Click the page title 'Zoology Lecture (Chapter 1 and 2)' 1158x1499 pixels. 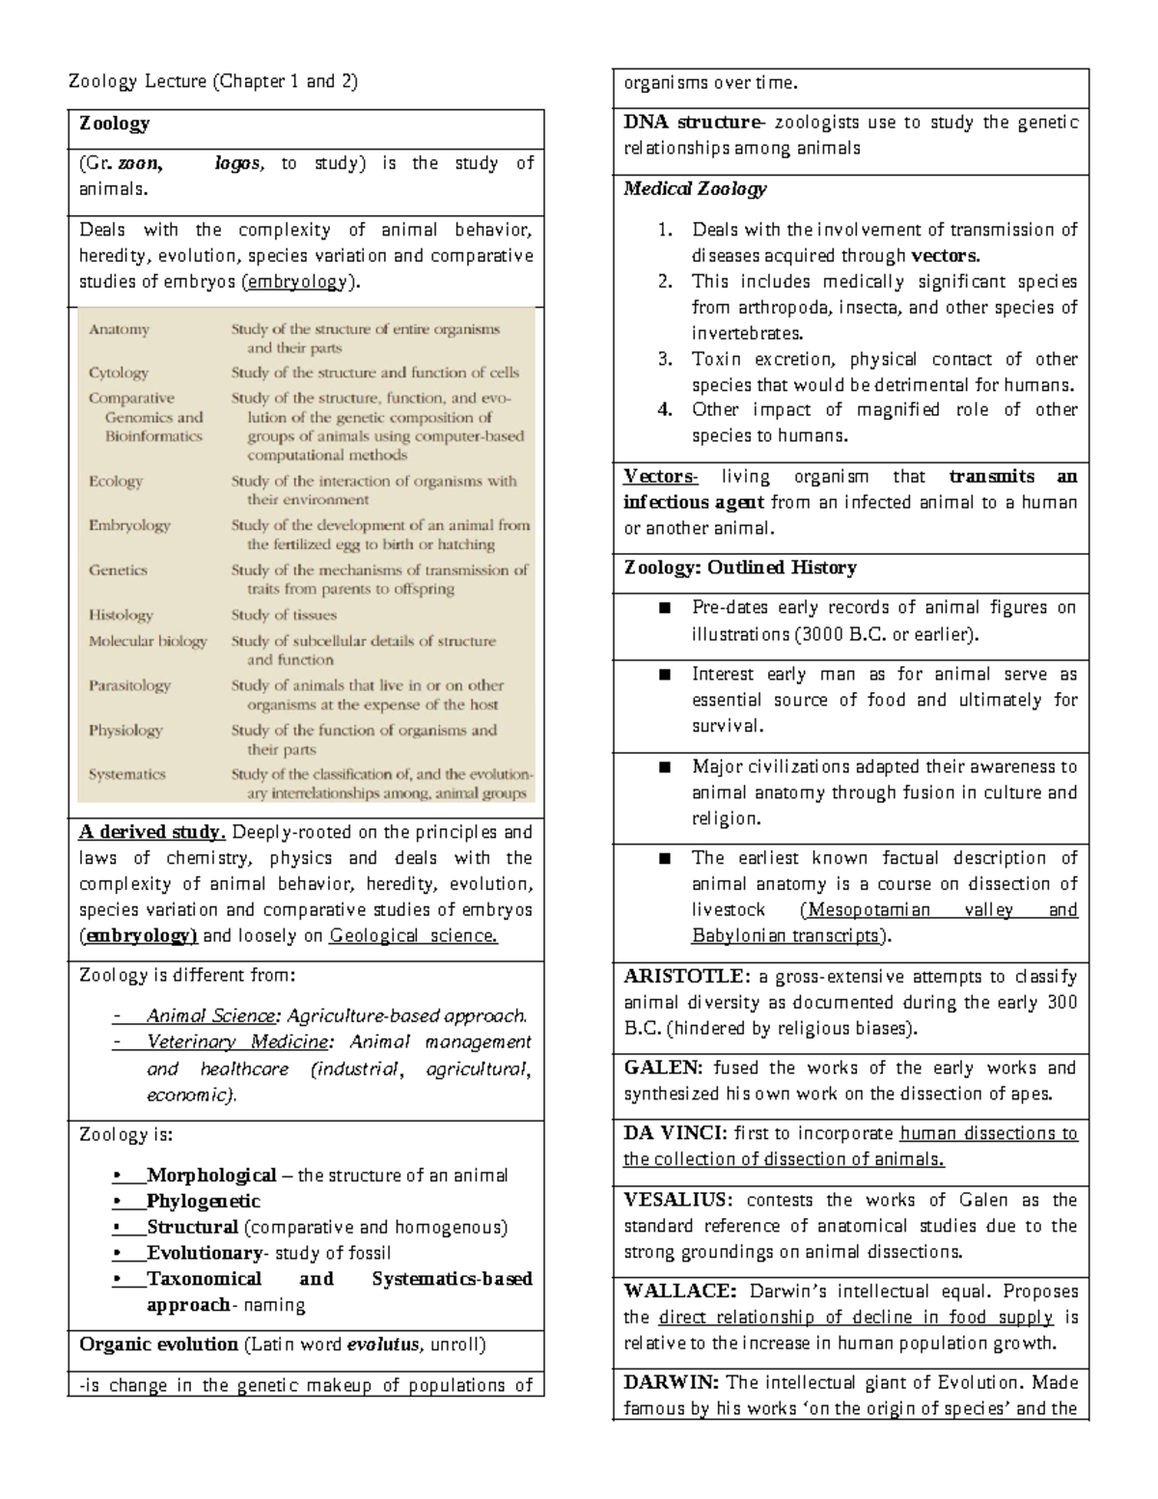click(x=212, y=81)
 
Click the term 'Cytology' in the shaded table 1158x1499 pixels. click(x=119, y=373)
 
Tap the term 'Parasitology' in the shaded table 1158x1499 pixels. click(x=129, y=685)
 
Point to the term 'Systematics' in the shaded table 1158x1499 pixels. click(x=126, y=774)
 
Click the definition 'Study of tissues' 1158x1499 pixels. click(x=283, y=615)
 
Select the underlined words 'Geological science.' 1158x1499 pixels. click(x=413, y=935)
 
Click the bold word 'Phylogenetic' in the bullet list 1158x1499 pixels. click(x=203, y=1201)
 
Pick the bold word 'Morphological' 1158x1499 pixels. click(x=210, y=1175)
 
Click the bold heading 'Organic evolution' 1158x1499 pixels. click(x=158, y=1344)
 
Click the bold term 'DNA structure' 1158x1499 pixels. click(x=692, y=123)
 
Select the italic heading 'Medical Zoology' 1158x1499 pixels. click(x=695, y=189)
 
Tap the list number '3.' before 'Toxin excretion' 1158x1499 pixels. click(x=664, y=359)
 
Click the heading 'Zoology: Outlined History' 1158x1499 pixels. click(x=740, y=568)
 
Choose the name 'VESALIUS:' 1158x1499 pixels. click(x=677, y=1200)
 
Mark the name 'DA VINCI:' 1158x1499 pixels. click(x=675, y=1133)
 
